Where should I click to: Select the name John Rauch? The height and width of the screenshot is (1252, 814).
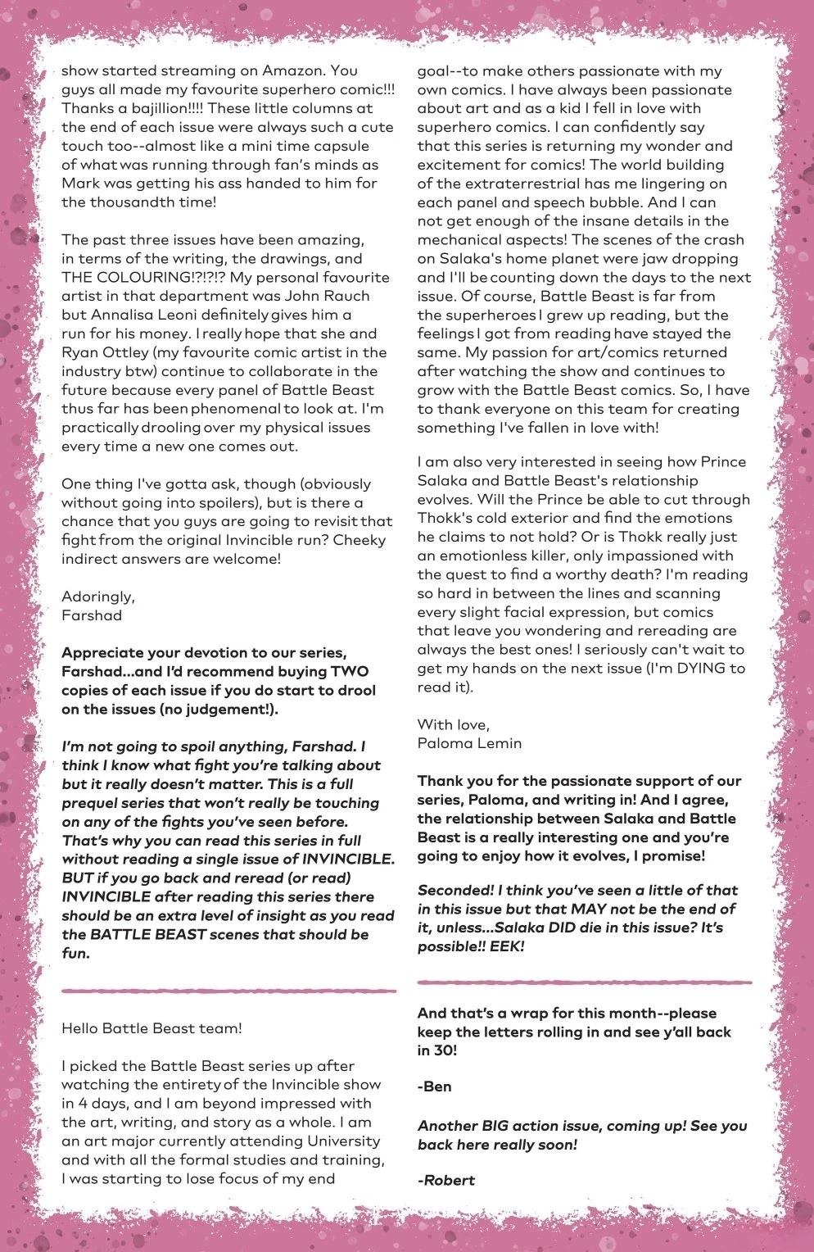tap(329, 297)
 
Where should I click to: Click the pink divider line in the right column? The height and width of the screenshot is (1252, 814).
tap(584, 981)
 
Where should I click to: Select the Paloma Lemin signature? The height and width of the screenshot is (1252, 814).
tap(469, 743)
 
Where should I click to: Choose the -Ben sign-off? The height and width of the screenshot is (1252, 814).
tap(434, 1087)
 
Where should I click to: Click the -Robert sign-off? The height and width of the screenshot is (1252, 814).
tap(445, 1180)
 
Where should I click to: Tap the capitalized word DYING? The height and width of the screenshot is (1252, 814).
tap(686, 669)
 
